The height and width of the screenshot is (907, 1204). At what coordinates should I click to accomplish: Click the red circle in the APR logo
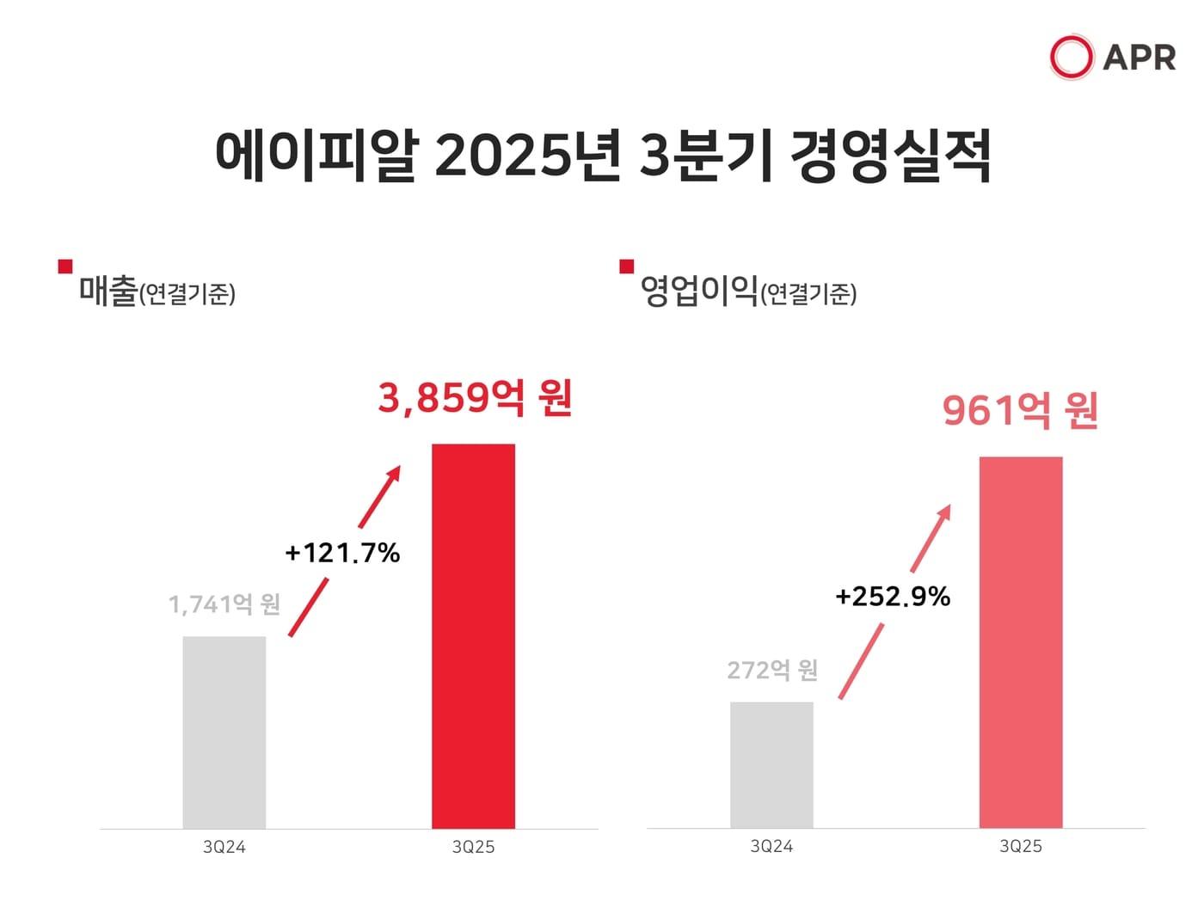(x=1071, y=57)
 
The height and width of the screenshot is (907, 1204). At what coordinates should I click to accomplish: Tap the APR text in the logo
(x=1139, y=58)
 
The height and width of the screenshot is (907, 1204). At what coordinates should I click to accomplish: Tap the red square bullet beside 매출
(x=65, y=267)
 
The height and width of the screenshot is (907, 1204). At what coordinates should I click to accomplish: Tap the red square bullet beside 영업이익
(x=627, y=267)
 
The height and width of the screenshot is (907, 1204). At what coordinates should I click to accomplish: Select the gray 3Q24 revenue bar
(x=224, y=732)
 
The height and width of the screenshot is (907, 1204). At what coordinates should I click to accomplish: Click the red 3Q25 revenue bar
(x=473, y=636)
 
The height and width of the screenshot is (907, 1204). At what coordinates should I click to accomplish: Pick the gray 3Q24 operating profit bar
(x=771, y=765)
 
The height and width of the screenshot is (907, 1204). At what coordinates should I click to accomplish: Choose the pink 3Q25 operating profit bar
(x=1021, y=642)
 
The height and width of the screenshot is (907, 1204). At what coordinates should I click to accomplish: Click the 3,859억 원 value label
(x=475, y=399)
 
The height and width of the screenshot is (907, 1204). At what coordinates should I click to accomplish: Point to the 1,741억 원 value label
(x=224, y=604)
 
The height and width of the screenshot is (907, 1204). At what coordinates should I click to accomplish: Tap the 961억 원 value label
(x=1020, y=411)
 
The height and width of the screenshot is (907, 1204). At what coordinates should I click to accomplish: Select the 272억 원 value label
(x=771, y=670)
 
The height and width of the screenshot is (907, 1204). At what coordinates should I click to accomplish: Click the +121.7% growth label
(x=342, y=553)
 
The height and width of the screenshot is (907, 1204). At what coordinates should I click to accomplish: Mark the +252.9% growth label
(x=893, y=597)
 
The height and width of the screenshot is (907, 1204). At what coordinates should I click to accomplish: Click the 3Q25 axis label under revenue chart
(x=473, y=847)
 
